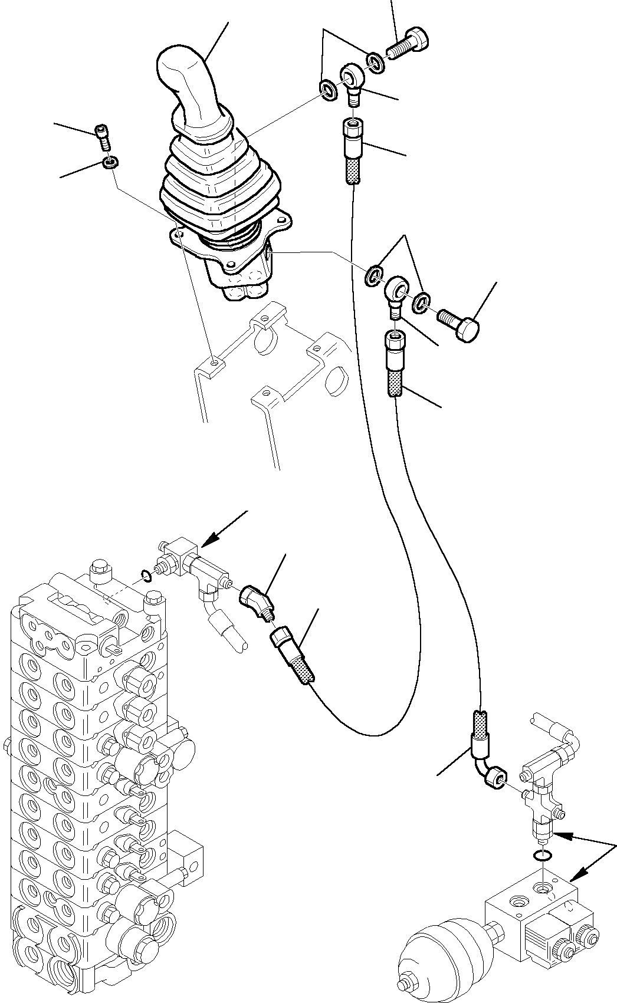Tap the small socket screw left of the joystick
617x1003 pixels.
(103, 137)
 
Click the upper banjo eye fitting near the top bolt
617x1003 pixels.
(353, 80)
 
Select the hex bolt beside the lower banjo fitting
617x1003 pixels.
(458, 324)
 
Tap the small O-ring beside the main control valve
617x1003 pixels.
(147, 575)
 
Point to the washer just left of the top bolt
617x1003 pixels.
(374, 60)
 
